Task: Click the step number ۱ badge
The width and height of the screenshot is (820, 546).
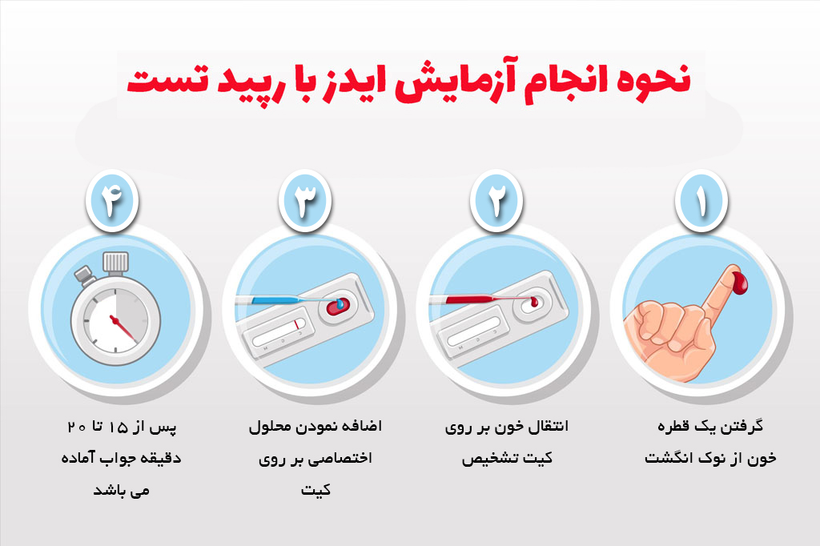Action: click(x=701, y=201)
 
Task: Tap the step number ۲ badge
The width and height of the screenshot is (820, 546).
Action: click(x=496, y=201)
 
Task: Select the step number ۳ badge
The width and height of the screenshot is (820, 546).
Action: click(x=305, y=201)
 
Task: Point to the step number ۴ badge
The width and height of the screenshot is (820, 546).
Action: click(x=112, y=201)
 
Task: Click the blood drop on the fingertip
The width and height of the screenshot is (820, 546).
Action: click(x=739, y=282)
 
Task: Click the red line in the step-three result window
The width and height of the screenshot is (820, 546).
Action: click(x=296, y=323)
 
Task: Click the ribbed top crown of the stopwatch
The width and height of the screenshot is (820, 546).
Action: click(x=115, y=263)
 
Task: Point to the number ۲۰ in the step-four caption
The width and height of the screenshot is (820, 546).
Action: click(x=77, y=428)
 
